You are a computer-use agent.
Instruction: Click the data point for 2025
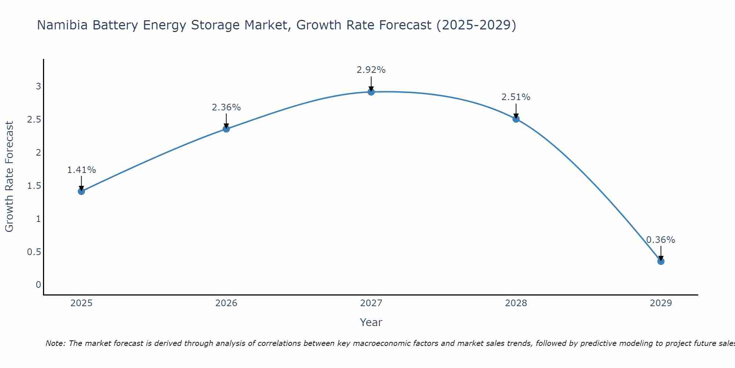tap(82, 191)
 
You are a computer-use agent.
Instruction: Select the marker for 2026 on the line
tap(226, 129)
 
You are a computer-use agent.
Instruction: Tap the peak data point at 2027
tap(371, 92)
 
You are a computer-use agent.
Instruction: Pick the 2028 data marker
tap(516, 119)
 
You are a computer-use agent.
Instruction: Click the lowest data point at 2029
tap(661, 261)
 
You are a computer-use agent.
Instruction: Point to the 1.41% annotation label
tap(82, 170)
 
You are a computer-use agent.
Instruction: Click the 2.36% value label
tap(226, 107)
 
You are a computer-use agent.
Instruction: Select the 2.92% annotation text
tap(371, 70)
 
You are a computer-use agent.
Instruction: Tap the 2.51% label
tap(516, 97)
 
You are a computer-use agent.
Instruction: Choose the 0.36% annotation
tap(661, 240)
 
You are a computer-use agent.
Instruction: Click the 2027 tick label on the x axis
tap(371, 303)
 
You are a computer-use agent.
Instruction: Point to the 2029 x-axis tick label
tap(661, 303)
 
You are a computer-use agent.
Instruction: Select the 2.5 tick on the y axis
tap(34, 120)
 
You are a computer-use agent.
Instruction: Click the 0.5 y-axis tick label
tap(34, 252)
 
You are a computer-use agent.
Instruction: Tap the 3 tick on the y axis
tap(38, 86)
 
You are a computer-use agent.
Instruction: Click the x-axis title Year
tap(371, 322)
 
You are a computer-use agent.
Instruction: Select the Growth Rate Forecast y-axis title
tap(9, 177)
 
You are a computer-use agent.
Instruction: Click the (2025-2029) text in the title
tap(476, 25)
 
